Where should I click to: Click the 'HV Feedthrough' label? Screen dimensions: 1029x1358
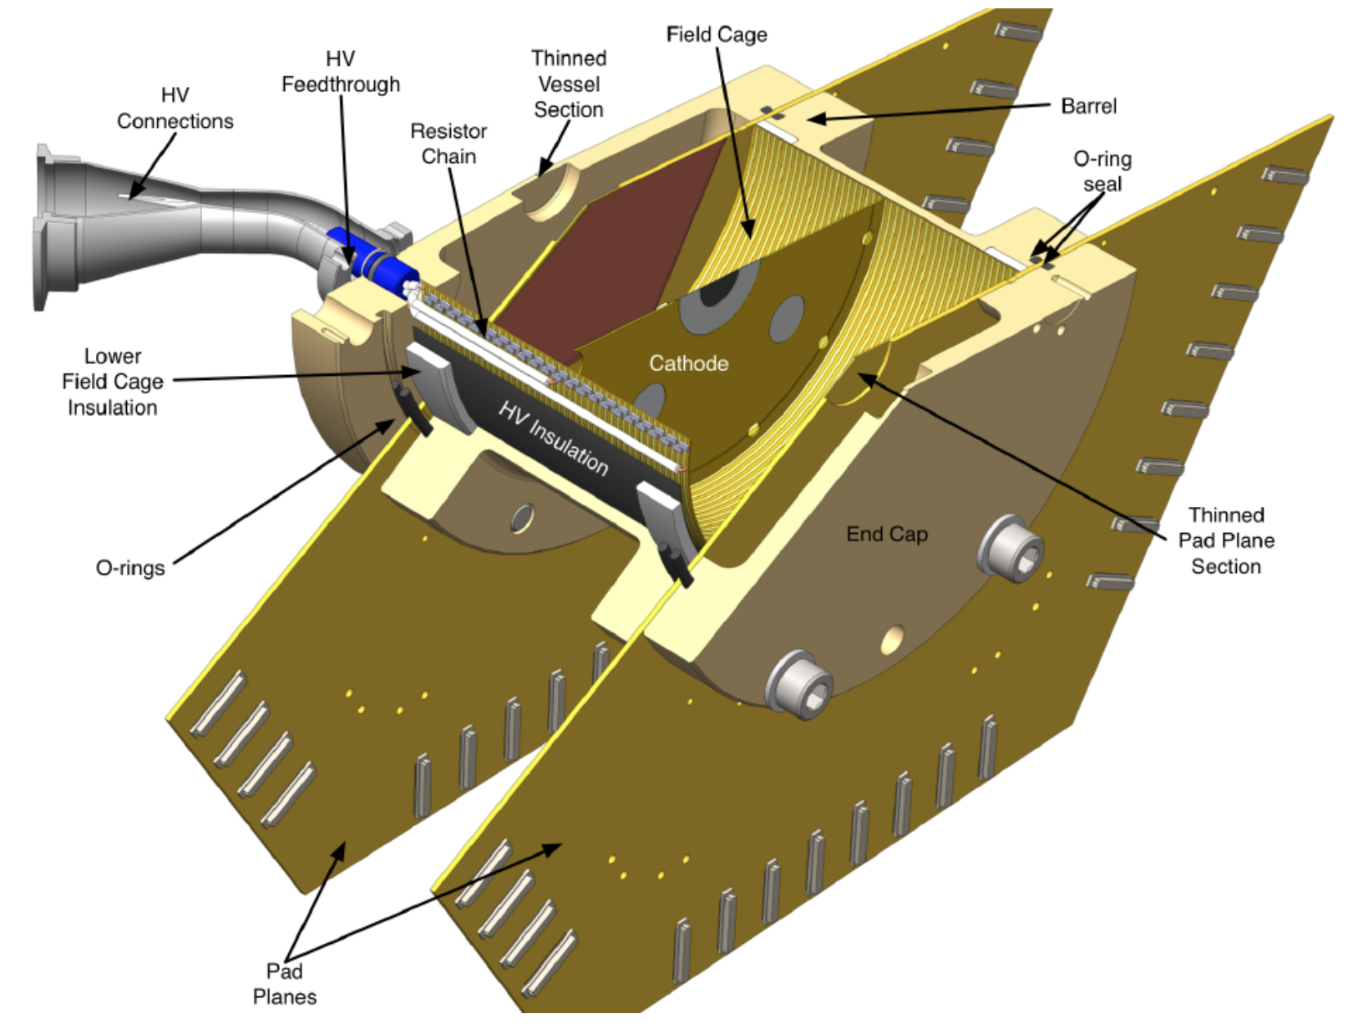(x=341, y=72)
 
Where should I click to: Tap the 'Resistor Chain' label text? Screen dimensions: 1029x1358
(x=448, y=144)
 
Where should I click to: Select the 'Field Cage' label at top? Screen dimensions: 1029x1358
(x=717, y=34)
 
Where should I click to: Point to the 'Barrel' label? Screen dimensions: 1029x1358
(x=1088, y=106)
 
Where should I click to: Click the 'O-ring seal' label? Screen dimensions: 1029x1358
(x=1102, y=171)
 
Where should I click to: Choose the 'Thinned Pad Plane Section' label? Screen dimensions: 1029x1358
(x=1226, y=540)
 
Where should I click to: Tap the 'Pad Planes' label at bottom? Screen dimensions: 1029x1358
(x=285, y=984)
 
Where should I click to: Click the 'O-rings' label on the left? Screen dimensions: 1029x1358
(x=130, y=568)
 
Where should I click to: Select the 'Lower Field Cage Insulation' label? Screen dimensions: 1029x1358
(x=113, y=382)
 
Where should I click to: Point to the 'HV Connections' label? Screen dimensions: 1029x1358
(x=175, y=109)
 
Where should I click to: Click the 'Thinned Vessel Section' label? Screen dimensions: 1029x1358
(x=569, y=84)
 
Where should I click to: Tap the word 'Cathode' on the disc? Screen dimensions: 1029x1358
(x=689, y=363)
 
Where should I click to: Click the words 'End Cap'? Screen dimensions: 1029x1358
(x=887, y=534)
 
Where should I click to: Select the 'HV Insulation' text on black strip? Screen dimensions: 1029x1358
(x=554, y=438)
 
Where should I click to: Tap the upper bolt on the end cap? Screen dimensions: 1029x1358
(x=1012, y=550)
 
